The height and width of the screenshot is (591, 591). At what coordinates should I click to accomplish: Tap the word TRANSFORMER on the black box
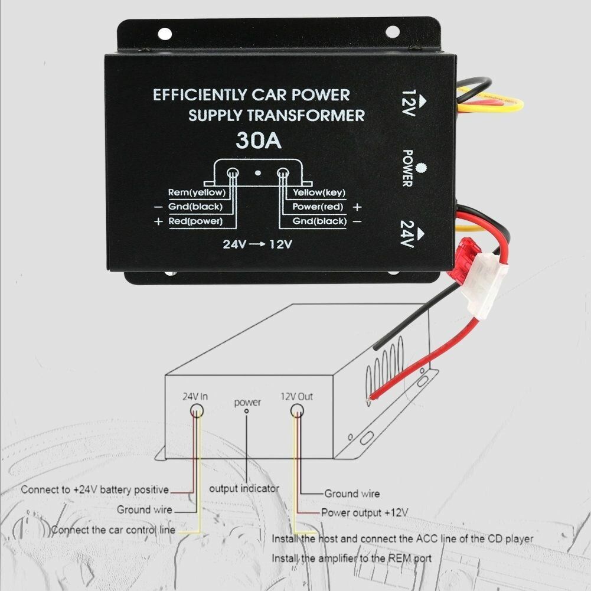(x=307, y=115)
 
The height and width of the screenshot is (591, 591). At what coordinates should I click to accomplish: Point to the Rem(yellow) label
(x=195, y=192)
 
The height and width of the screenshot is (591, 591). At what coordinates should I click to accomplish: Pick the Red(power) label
(x=195, y=221)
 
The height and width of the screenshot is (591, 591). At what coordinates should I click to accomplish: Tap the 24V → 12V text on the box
(x=257, y=244)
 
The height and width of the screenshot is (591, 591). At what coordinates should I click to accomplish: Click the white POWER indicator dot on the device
(x=420, y=168)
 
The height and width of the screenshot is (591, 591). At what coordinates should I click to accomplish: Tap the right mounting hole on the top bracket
(x=392, y=32)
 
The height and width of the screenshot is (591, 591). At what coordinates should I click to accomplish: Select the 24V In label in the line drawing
(x=195, y=397)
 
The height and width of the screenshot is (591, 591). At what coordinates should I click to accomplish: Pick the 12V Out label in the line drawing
(x=296, y=397)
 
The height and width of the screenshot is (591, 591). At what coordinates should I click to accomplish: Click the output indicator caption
(x=244, y=489)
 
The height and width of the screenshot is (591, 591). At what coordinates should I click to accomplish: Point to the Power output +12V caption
(x=364, y=512)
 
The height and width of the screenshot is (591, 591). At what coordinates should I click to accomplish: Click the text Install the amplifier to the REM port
(x=351, y=558)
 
